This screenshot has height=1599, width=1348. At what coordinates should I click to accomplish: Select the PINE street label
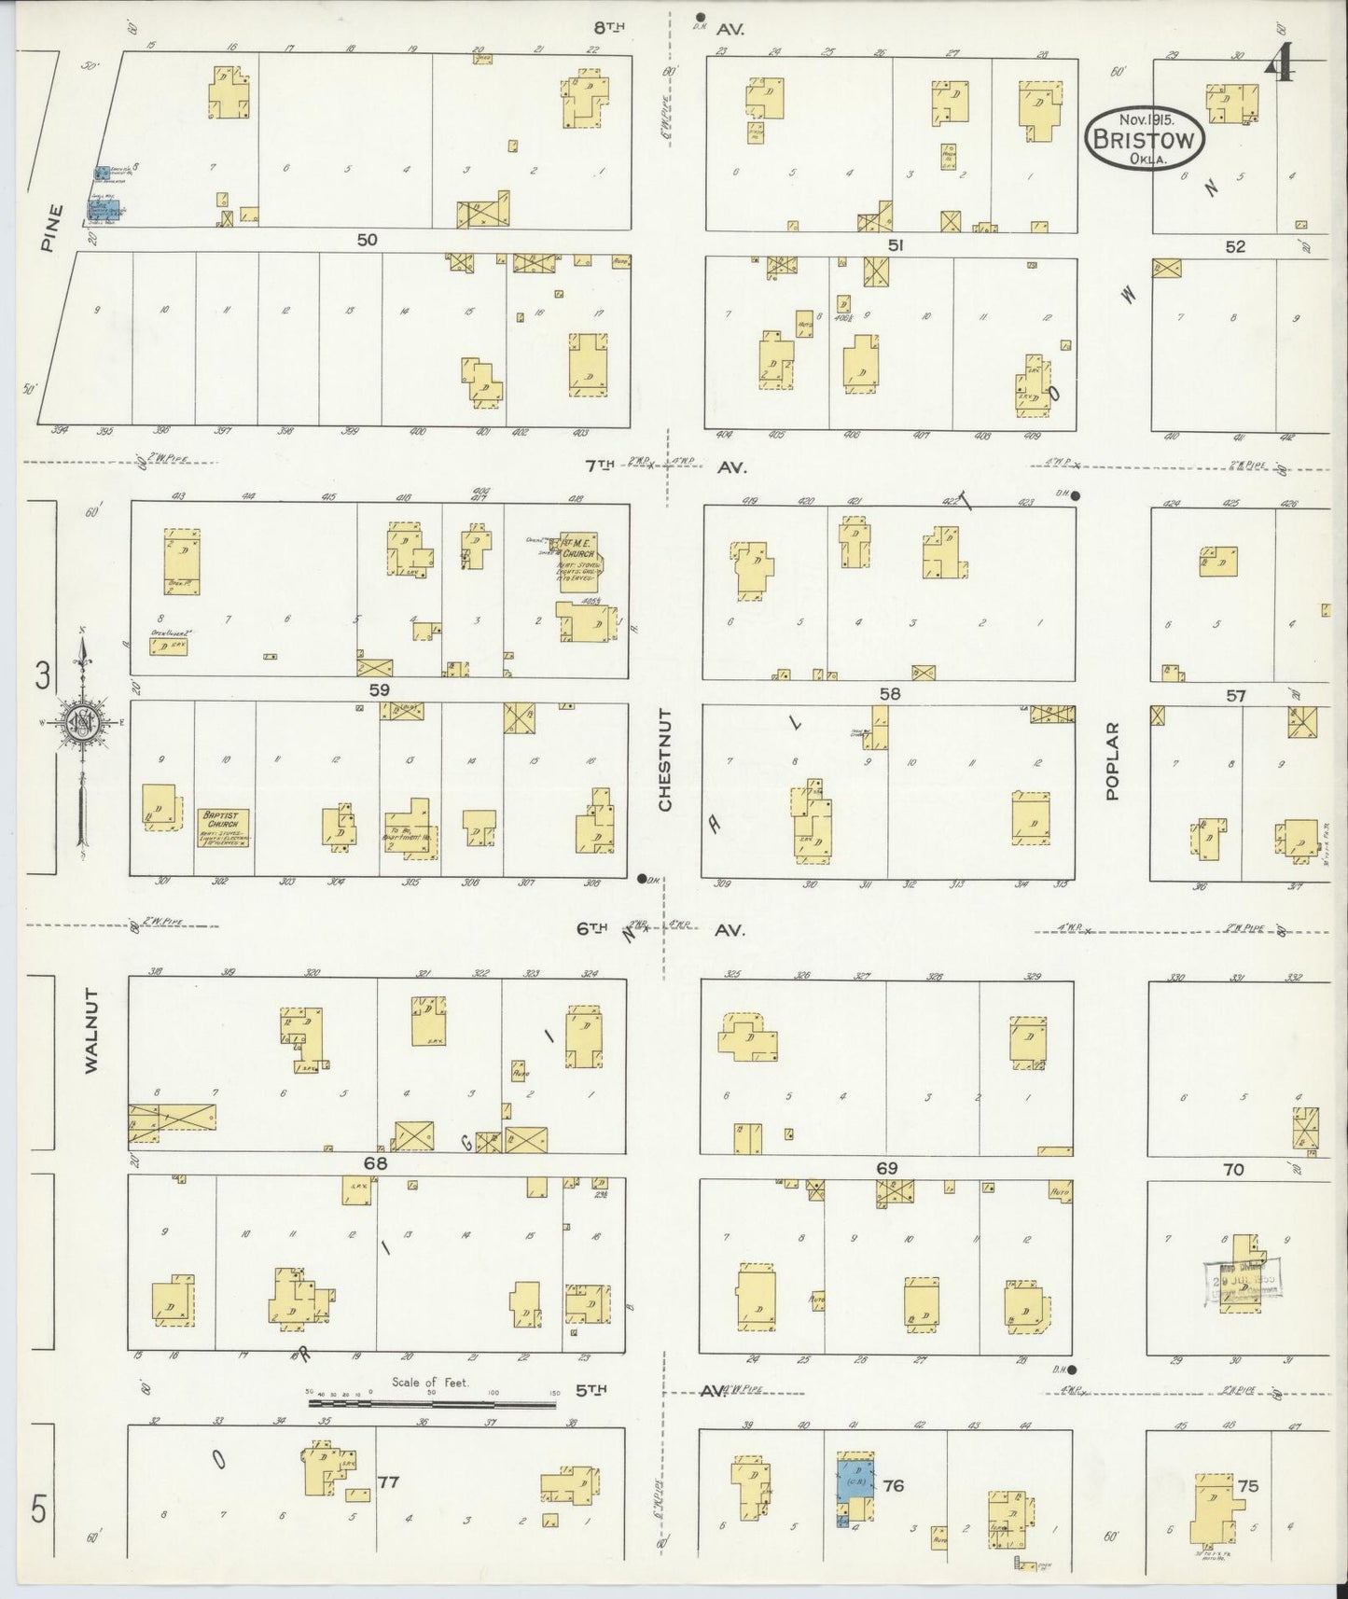point(50,229)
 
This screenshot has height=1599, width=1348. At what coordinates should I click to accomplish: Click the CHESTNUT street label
point(665,758)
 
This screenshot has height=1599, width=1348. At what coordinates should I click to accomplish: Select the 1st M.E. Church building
point(579,555)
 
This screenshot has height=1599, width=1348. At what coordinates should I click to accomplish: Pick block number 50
point(367,240)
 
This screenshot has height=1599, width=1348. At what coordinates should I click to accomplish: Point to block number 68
point(376,1164)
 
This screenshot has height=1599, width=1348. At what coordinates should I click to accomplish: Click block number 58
point(890,694)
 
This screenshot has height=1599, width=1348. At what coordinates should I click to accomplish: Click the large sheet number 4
point(1280,64)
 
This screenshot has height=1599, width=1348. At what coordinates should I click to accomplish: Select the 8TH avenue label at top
point(608,28)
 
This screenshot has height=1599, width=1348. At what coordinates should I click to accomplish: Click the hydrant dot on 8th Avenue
point(700,16)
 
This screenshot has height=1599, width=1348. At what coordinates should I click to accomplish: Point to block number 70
point(1233,1169)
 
